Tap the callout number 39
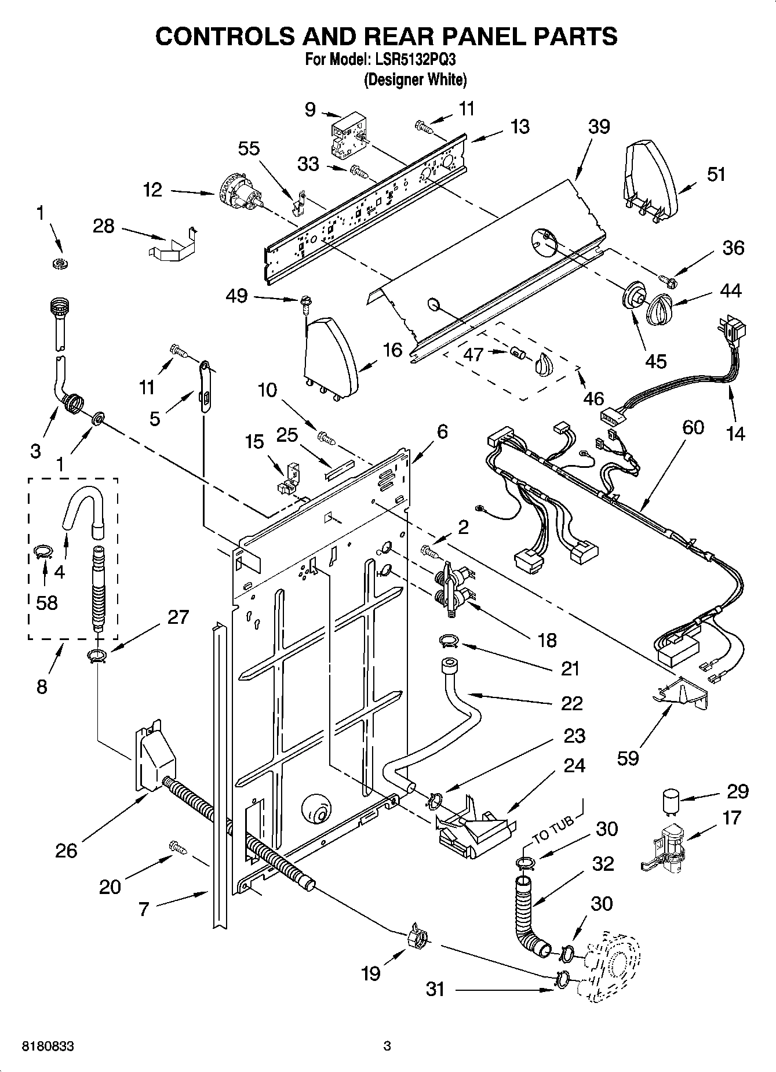click(599, 127)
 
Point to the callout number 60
click(693, 427)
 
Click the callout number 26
click(65, 851)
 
